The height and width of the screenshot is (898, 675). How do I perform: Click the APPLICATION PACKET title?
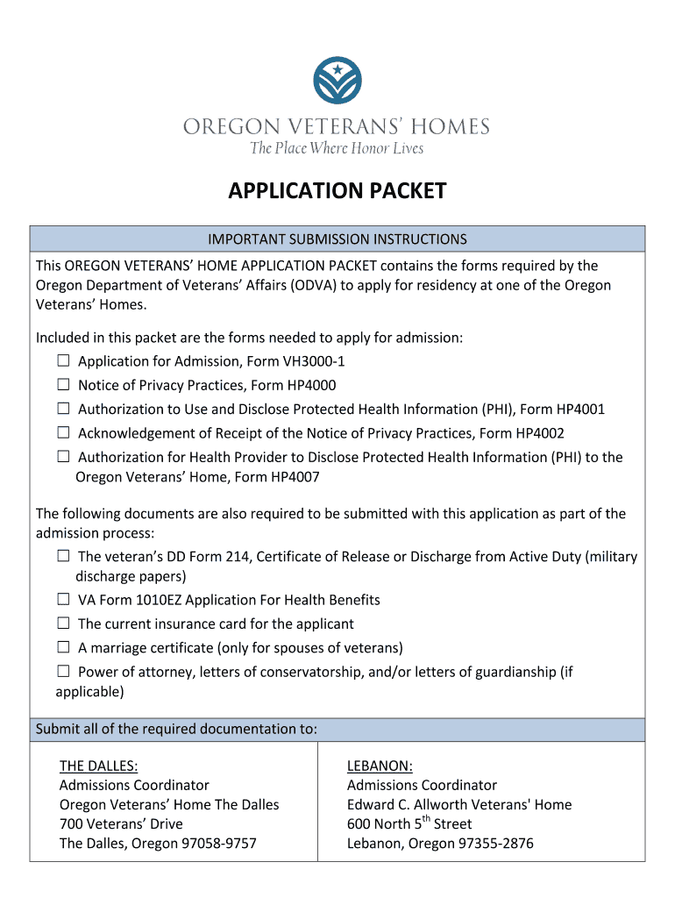point(337,191)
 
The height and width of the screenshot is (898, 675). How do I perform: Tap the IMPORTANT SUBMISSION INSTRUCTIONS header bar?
point(337,239)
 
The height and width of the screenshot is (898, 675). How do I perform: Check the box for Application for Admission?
point(64,360)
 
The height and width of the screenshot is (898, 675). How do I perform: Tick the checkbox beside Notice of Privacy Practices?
point(64,385)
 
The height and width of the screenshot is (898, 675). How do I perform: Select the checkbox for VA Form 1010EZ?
point(64,600)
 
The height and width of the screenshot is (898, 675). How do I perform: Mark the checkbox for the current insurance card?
point(64,624)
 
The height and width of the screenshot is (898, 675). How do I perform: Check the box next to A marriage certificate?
point(64,648)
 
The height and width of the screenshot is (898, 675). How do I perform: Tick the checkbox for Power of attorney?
point(64,672)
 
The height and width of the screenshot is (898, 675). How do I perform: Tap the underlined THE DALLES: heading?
point(98,766)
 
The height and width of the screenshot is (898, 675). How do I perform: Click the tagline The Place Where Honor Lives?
point(337,148)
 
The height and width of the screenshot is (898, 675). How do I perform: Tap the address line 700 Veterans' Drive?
point(121,823)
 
